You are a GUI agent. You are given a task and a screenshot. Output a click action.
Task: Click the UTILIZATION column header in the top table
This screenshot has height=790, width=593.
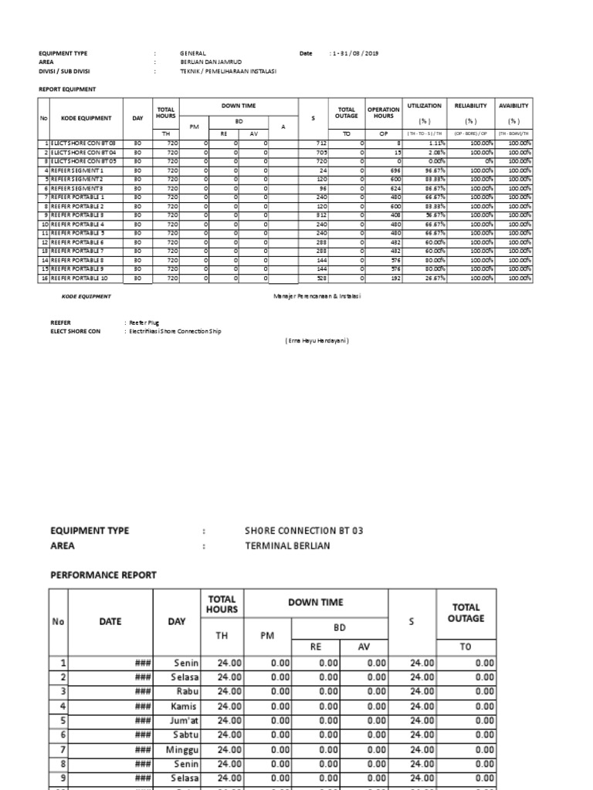[424, 106]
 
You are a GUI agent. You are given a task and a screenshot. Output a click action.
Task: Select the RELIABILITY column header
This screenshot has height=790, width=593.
[470, 106]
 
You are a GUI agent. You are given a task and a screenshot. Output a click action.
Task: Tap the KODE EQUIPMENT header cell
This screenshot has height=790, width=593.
[86, 118]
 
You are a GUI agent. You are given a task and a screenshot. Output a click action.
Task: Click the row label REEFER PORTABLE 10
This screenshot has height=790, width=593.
[80, 278]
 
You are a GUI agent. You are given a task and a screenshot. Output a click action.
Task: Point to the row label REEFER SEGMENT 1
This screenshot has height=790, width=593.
[77, 170]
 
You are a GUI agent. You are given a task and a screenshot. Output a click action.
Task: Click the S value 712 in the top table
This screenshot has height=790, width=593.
[322, 143]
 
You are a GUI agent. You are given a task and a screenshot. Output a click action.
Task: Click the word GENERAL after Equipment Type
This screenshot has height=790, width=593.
[193, 53]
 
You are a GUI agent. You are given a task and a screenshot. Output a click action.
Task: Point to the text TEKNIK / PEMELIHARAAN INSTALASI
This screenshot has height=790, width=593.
[228, 71]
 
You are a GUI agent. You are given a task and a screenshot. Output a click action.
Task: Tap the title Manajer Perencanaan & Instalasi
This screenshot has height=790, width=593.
[317, 296]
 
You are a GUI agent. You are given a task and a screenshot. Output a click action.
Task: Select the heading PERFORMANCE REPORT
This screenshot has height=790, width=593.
[103, 575]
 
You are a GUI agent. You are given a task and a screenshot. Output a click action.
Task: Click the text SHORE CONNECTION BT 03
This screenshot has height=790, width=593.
[303, 531]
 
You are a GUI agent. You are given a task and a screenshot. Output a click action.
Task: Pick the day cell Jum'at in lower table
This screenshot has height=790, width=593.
[183, 721]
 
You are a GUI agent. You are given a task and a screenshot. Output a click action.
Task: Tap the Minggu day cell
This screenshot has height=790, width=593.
[182, 749]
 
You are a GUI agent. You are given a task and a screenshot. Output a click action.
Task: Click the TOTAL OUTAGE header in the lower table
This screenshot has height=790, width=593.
[466, 613]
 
